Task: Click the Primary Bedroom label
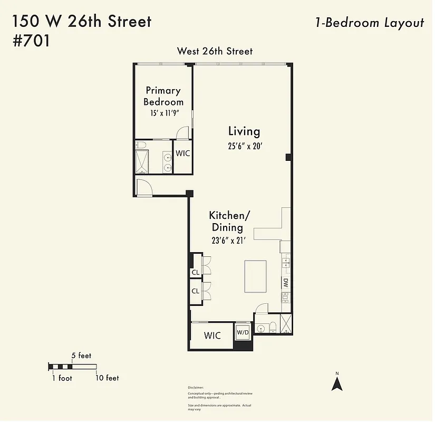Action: tap(163, 96)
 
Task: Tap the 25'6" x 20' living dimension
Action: tap(244, 146)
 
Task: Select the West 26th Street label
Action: tap(215, 51)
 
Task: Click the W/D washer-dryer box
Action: tap(243, 333)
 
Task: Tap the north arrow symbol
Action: tap(337, 383)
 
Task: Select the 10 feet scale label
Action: tap(108, 378)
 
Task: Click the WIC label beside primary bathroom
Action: tap(183, 154)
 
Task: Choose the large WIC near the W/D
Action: tap(212, 335)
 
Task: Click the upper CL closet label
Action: tap(195, 273)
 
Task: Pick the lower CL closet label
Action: tap(195, 291)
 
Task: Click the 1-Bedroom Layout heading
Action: tap(369, 23)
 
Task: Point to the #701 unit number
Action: tap(31, 41)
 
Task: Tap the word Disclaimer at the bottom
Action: tap(196, 387)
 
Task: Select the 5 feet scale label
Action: tap(82, 356)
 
